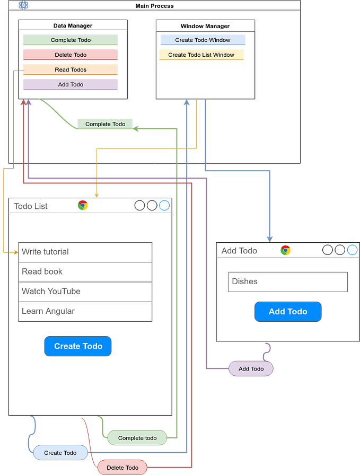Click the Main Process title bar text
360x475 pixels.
tap(154, 6)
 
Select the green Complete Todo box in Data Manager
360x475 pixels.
tap(70, 40)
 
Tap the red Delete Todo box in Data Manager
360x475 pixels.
tap(70, 55)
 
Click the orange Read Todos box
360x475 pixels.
tap(70, 69)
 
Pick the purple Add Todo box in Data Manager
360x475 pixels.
tap(70, 84)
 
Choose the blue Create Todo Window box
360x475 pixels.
tap(203, 40)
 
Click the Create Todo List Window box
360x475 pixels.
tap(201, 55)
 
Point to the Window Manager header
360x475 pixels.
tap(205, 26)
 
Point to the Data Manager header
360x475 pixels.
tap(73, 25)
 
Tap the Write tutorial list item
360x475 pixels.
tap(85, 252)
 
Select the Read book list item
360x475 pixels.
tap(85, 272)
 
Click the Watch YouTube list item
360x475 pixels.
tap(85, 292)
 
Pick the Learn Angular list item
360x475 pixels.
tap(85, 311)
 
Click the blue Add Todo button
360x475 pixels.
tap(288, 312)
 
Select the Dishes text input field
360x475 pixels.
tap(288, 282)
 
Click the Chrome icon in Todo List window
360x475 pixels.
tap(83, 206)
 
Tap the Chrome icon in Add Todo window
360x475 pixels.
tap(286, 250)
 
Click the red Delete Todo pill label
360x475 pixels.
tap(122, 467)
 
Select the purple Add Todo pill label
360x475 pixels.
tap(251, 368)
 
